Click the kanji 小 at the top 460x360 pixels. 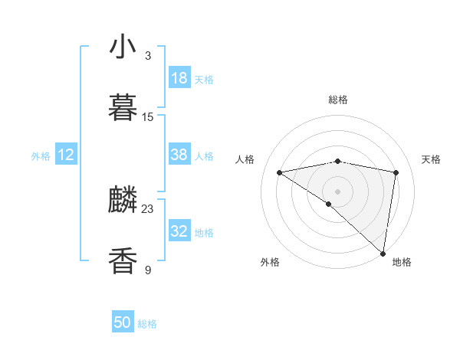click(123, 47)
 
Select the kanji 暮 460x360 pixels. click(123, 107)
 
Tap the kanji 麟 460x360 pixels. click(123, 200)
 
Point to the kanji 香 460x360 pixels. click(123, 260)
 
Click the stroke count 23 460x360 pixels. click(148, 208)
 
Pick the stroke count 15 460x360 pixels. click(148, 116)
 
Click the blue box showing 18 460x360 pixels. click(179, 78)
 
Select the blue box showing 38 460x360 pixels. click(179, 155)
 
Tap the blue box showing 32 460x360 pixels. click(179, 231)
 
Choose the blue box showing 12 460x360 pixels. click(66, 155)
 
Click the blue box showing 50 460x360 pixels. click(123, 322)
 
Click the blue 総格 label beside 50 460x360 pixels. click(147, 324)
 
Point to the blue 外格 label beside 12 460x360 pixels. click(41, 156)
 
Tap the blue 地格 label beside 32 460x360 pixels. click(205, 233)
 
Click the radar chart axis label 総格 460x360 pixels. click(338, 100)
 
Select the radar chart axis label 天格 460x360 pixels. click(432, 159)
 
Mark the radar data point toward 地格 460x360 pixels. click(383, 253)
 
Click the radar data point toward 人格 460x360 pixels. click(280, 172)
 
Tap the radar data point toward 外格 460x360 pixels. click(329, 204)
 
